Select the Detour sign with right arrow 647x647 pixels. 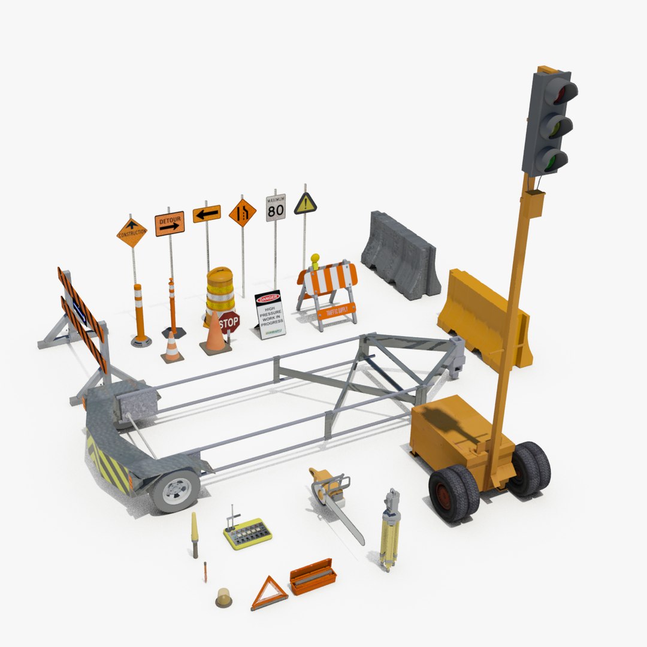click(170, 223)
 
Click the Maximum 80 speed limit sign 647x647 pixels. click(276, 207)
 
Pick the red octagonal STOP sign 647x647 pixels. click(228, 323)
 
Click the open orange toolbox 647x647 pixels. click(312, 576)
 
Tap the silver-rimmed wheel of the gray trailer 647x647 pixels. click(175, 490)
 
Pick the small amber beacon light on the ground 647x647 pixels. click(224, 597)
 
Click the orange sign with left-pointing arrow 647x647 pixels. click(207, 213)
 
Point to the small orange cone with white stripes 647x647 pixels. click(172, 348)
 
